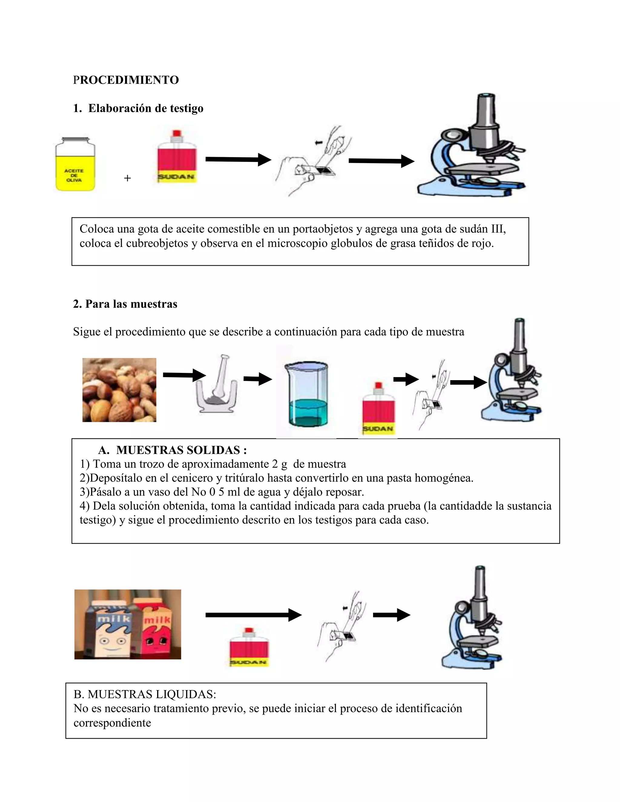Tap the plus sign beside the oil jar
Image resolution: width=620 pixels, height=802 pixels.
pos(127,178)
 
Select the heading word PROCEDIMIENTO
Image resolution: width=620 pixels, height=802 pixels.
pos(126,80)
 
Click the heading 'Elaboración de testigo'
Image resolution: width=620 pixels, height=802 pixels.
pos(146,108)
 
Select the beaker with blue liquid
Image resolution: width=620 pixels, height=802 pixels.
pos(307,395)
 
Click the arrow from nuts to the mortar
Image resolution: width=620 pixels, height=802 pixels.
pos(184,375)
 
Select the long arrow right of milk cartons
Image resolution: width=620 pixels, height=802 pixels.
pos(253,615)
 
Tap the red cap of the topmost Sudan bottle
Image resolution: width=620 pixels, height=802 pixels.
pos(177,133)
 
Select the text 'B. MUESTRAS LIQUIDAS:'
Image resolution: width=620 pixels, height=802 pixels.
pos(145,694)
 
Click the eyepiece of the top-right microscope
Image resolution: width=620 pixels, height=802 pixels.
pos(486,96)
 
